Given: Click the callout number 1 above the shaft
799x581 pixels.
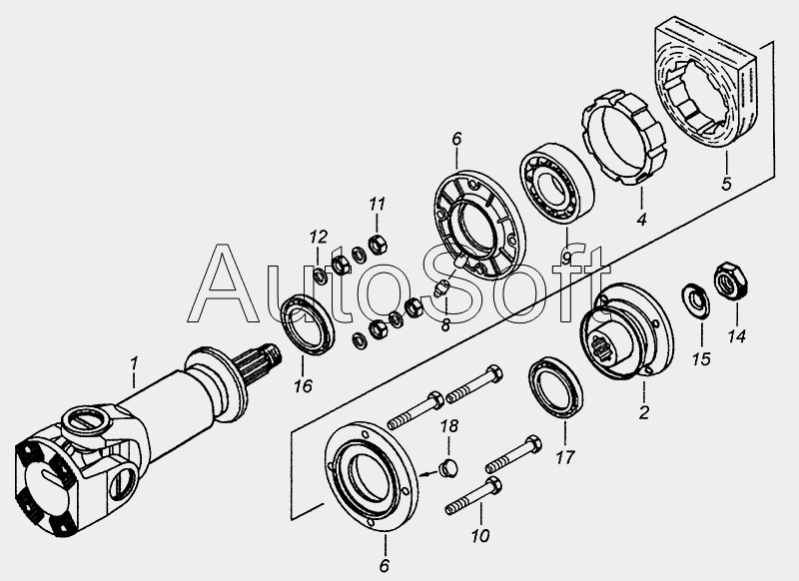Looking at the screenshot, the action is coord(134,363).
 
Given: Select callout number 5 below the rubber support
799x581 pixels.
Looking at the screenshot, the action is coord(727,184).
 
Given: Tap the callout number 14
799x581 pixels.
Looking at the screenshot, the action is coord(736,336).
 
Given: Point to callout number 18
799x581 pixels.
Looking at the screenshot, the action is coord(448,425).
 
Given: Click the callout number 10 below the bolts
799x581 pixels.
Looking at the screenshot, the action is coord(480,536).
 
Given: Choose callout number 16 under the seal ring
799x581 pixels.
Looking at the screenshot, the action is coord(303,386).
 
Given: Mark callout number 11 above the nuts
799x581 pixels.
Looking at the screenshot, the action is coord(378,205).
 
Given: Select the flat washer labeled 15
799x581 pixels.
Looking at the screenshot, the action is coord(696,300).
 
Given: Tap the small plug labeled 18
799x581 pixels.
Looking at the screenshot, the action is coord(448,468).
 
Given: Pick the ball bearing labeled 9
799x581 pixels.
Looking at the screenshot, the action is coord(557,184).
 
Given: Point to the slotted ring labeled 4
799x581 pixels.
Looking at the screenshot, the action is coord(623,137).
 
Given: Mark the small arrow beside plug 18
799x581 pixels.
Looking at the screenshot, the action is coord(427,474).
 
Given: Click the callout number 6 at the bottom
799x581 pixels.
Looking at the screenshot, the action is coord(385,565).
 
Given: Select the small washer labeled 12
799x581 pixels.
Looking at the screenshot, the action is coord(321,276).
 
